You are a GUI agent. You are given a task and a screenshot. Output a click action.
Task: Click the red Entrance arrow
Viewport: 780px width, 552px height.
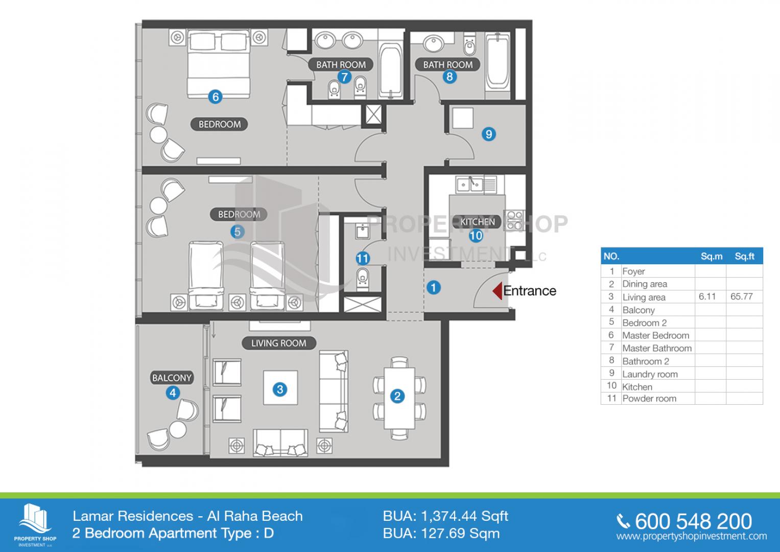point(498,291)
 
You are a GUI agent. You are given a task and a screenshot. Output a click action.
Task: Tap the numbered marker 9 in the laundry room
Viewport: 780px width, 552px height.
point(488,134)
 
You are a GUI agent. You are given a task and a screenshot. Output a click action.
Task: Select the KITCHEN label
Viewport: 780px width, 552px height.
point(478,222)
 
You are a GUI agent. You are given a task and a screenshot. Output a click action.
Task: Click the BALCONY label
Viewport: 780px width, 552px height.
point(172,378)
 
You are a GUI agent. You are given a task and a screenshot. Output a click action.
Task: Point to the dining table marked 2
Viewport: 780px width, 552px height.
point(399,398)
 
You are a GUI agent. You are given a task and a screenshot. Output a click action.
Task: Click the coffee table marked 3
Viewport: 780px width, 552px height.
point(280,387)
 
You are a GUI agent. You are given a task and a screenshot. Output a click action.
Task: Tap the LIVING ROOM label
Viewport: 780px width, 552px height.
point(279,343)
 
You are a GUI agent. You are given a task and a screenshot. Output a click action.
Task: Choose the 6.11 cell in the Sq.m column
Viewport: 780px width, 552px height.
point(707,296)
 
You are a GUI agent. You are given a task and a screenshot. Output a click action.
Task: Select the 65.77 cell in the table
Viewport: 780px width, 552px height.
point(741,296)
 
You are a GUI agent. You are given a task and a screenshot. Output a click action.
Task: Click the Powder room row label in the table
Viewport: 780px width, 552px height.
point(649,399)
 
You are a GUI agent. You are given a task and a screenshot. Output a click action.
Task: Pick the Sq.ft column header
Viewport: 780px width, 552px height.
point(744,257)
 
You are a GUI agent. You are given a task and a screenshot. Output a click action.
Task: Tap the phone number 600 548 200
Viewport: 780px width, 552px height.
point(693,521)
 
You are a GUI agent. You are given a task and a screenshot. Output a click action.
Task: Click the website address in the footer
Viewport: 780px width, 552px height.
point(692,536)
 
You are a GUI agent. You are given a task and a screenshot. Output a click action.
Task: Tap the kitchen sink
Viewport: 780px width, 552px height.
point(470,185)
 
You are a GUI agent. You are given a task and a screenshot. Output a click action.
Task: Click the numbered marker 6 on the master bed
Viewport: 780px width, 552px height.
point(215,97)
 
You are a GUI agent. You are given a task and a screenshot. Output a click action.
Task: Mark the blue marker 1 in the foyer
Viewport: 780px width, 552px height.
point(434,288)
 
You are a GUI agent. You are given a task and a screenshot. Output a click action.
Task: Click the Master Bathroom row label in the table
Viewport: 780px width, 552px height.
point(657,348)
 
